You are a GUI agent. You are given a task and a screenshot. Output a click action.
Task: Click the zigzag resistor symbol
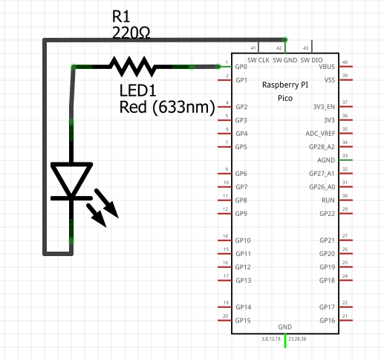pyautogui.click(x=133, y=67)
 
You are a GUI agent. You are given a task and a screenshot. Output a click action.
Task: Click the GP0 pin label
pyautogui.click(x=241, y=67)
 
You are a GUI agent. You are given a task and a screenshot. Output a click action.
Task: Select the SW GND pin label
pyautogui.click(x=285, y=60)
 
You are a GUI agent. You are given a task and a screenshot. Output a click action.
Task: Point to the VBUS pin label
pyautogui.click(x=327, y=67)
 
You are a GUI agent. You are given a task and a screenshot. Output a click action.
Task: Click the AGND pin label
pyautogui.click(x=326, y=160)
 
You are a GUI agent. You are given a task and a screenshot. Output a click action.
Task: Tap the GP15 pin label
pyautogui.click(x=243, y=321)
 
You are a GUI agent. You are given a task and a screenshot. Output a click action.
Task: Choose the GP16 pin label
pyautogui.click(x=328, y=321)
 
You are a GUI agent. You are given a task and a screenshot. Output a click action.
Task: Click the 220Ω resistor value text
pyautogui.click(x=131, y=33)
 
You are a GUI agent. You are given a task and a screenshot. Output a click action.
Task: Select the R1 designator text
pyautogui.click(x=121, y=16)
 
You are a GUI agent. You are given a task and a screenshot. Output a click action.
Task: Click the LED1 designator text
pyautogui.click(x=137, y=91)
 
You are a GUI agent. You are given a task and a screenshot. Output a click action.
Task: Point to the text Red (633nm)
pyautogui.click(x=167, y=107)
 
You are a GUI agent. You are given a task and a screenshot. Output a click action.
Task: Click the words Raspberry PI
pyautogui.click(x=285, y=85)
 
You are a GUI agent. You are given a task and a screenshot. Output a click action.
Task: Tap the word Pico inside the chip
pyautogui.click(x=285, y=98)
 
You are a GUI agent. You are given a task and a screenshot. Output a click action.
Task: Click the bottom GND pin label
pyautogui.click(x=285, y=327)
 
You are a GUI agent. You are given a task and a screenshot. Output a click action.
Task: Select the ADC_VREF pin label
pyautogui.click(x=320, y=134)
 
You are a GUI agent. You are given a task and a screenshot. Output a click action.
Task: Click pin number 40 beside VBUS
pyautogui.click(x=345, y=62)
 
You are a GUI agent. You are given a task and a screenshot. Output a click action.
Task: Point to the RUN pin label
pyautogui.click(x=328, y=200)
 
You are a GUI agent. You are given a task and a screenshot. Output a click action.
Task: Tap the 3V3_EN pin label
pyautogui.click(x=324, y=107)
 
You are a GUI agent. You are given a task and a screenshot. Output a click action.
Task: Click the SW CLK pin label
pyautogui.click(x=258, y=60)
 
